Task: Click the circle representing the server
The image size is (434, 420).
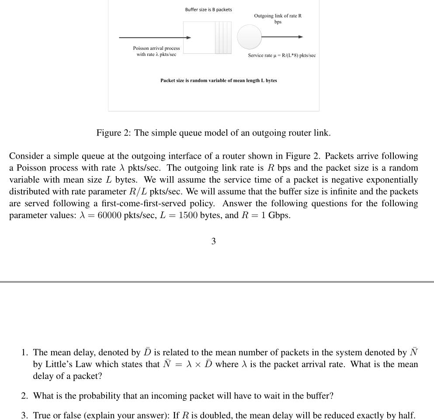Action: tap(250, 37)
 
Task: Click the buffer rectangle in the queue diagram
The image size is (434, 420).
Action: tap(207, 38)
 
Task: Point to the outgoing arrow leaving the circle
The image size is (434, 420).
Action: tap(281, 37)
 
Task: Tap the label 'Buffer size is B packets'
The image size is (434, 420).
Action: tap(208, 10)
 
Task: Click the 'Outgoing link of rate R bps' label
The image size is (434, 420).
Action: tap(278, 19)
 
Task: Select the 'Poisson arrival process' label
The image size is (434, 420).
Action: tap(156, 51)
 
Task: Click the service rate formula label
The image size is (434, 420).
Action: tap(281, 56)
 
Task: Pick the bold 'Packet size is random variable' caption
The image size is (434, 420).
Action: tap(219, 80)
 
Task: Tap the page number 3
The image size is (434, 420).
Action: tap(213, 241)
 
